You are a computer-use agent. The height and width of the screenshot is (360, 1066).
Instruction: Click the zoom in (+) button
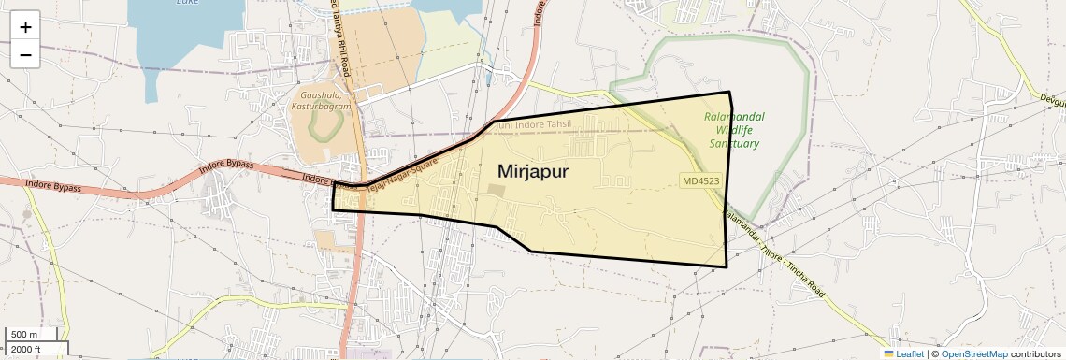coord(25,26)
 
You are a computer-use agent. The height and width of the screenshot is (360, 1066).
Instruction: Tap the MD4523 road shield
coord(700,180)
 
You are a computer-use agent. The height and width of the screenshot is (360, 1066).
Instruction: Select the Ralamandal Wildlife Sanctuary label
coord(734,130)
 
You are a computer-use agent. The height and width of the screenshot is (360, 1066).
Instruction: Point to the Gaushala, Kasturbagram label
coord(325,101)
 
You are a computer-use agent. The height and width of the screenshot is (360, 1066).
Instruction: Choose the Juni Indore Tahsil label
coord(532,124)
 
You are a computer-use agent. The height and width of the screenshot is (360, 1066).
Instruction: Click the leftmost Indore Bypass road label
coord(53,186)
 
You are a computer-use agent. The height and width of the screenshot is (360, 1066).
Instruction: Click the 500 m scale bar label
coord(25,335)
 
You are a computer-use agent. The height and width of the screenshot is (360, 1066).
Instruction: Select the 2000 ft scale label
coord(27,349)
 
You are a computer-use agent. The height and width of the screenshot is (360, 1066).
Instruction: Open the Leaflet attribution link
coord(904,353)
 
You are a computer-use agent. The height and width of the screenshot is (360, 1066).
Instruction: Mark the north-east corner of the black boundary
coord(729,92)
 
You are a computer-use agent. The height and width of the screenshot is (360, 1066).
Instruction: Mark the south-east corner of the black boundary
coord(727,267)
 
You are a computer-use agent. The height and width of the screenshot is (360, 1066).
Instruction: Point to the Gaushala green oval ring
coord(324,126)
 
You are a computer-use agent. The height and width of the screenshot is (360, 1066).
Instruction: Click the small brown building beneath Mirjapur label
coord(494,191)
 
